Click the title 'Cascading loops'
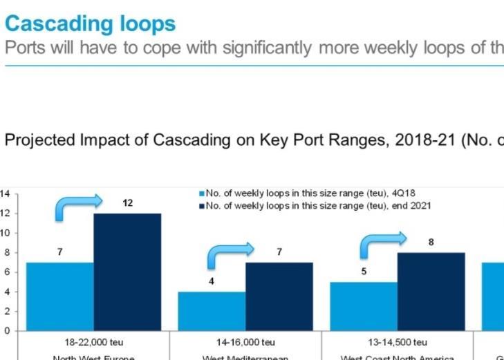(90, 23)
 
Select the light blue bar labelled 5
(364, 305)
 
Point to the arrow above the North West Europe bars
(77, 207)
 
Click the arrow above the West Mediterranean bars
(230, 256)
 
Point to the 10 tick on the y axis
(5, 233)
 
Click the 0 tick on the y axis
(7, 330)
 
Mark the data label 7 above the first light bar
(60, 252)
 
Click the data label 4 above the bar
(212, 281)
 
